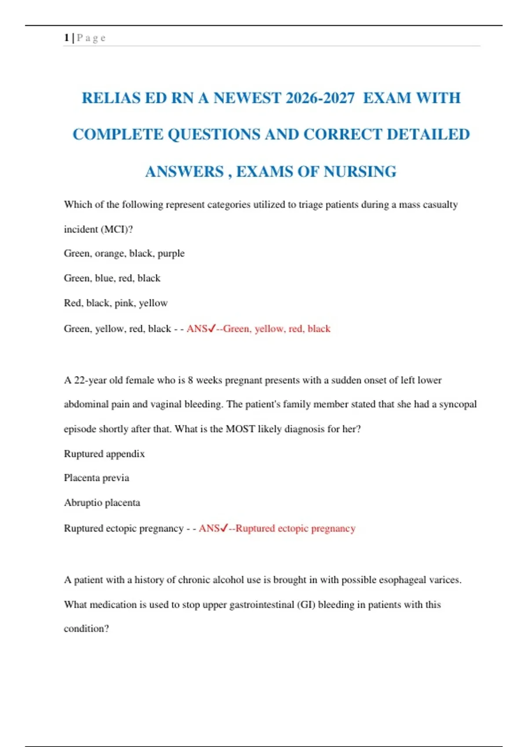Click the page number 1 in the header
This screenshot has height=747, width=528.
[66, 38]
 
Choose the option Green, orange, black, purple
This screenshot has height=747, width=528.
[124, 254]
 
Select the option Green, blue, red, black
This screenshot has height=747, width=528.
[112, 278]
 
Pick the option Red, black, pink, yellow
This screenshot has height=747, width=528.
[116, 303]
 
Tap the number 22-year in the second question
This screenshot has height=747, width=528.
[90, 380]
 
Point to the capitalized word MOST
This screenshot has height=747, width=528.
[240, 429]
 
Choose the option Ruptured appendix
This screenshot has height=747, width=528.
[104, 454]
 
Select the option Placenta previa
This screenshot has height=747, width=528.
[96, 478]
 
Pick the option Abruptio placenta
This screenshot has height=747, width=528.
[102, 503]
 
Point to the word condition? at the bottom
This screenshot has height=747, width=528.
[86, 629]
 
